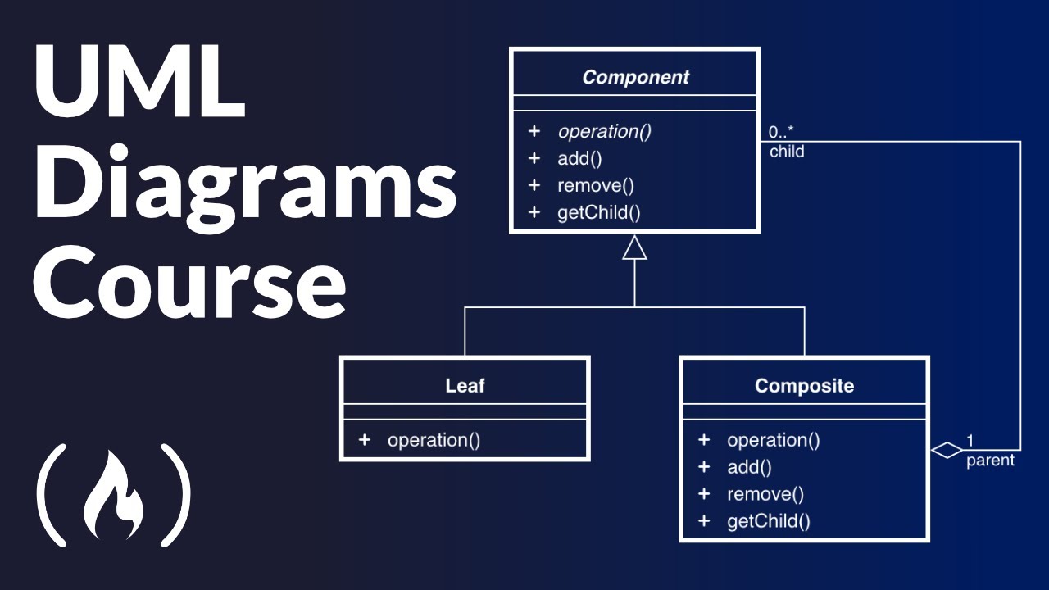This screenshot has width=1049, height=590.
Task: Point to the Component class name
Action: pos(635,78)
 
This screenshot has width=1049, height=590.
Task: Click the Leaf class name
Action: pos(465,386)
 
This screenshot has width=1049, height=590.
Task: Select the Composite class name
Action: pos(804,386)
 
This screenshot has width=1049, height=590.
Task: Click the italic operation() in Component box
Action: pos(604,132)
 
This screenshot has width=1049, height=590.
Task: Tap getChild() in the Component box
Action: pos(598,213)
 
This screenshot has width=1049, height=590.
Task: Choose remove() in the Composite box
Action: pos(765,494)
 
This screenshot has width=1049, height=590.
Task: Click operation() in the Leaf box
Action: pos(434,440)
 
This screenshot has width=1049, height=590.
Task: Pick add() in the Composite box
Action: pos(749,467)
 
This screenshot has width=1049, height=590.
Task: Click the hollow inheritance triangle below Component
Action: pos(634,247)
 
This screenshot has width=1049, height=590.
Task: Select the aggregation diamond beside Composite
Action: pos(947,450)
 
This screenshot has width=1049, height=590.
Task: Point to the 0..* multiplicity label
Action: pos(780,132)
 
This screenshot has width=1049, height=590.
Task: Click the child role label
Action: pos(786,152)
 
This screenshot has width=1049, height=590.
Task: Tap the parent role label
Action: pos(989,461)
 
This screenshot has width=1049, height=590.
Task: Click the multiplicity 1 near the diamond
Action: pos(970,441)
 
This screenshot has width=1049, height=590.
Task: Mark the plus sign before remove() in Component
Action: pos(534,185)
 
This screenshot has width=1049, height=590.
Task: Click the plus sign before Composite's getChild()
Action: pos(703,520)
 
